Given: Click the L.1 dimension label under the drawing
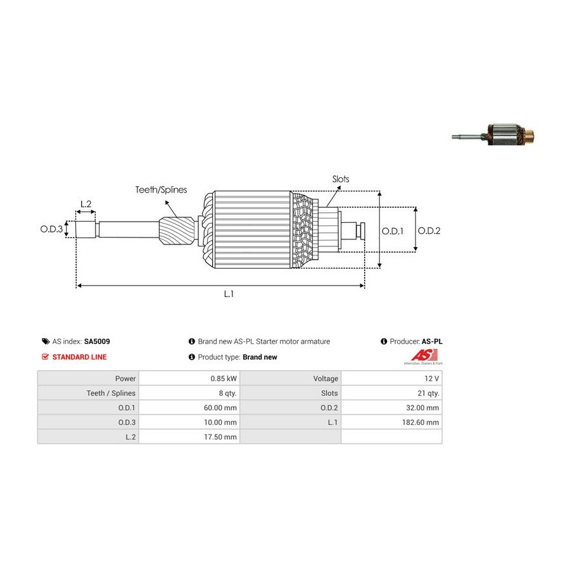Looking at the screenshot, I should tap(229, 294).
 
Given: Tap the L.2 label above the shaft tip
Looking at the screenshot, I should tap(85, 204).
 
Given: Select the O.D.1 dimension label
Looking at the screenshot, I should tap(393, 231).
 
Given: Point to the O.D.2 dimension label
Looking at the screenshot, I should tap(429, 231).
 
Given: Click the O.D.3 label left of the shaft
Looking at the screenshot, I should tap(52, 229).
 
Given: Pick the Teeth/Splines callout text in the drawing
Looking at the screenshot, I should tap(161, 189).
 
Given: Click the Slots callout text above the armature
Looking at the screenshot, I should tap(341, 179).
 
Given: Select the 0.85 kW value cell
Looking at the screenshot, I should tap(224, 379).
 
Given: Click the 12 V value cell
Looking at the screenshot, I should tap(433, 379).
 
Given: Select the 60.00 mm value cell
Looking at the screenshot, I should tap(222, 408).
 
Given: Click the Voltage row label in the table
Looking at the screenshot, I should tap(326, 379).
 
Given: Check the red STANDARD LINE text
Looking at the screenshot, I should tap(79, 357).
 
